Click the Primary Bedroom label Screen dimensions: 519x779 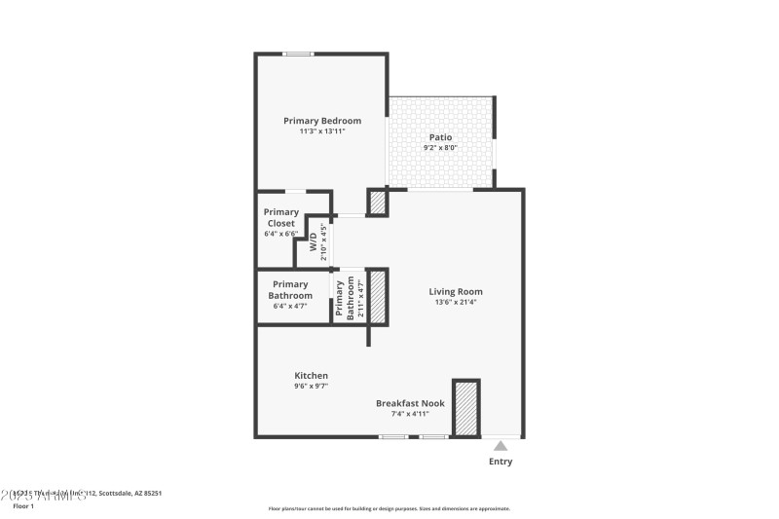point(322,121)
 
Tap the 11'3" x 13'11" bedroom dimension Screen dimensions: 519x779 point(322,131)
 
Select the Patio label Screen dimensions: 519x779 point(441,137)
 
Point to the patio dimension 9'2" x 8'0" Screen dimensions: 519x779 point(441,148)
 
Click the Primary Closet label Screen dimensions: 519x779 point(280,217)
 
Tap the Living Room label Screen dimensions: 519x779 point(456,291)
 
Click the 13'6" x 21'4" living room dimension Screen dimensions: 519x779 point(456,302)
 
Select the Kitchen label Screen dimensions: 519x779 point(312,375)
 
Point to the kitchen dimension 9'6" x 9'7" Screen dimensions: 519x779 point(312,386)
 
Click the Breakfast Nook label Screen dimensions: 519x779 point(411,402)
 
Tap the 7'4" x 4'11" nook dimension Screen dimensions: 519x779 point(411,413)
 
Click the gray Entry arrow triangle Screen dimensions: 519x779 point(500,445)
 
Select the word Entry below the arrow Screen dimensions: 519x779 point(500,462)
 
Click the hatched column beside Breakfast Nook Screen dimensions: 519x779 point(466,407)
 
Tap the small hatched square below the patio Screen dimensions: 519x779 point(377,203)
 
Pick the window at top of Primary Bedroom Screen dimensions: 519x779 point(298,54)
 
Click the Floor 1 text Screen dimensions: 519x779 point(23,506)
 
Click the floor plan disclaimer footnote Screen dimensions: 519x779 point(389,508)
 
